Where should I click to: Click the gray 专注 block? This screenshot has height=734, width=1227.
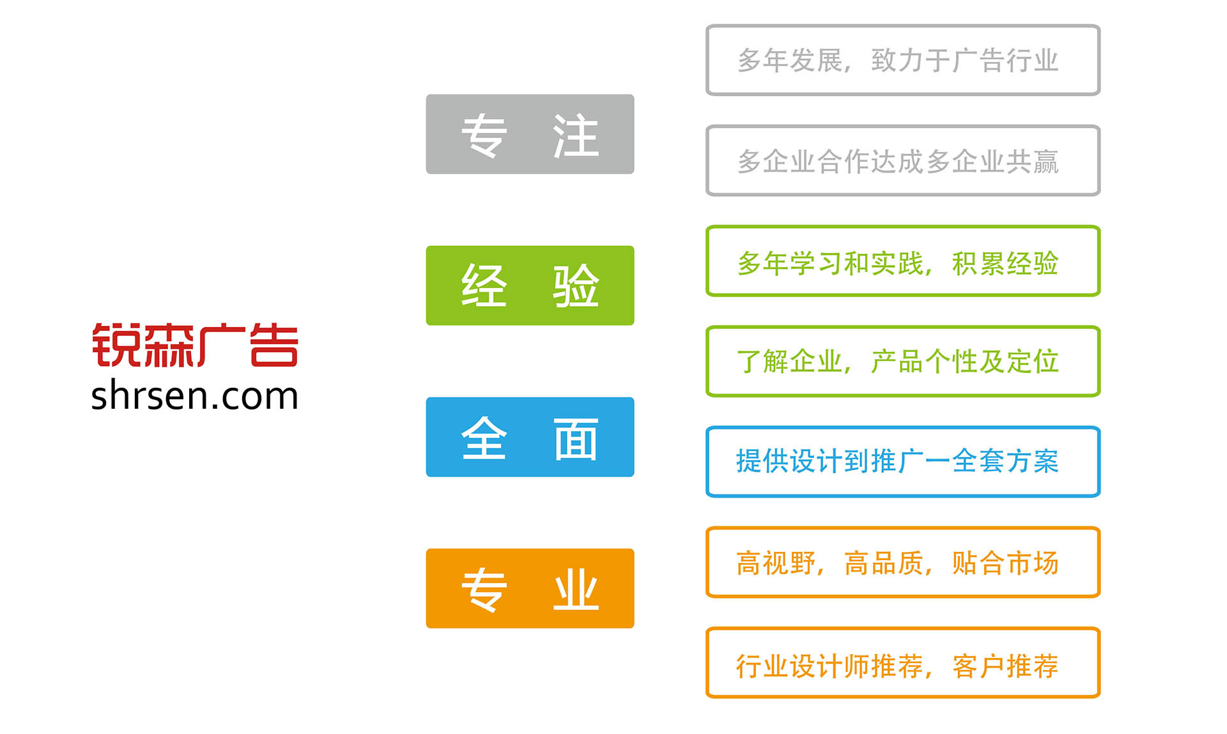(x=530, y=134)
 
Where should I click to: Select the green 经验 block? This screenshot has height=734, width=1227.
(x=530, y=286)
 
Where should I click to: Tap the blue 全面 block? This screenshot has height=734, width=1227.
(x=530, y=437)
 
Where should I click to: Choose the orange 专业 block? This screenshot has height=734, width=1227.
(x=530, y=588)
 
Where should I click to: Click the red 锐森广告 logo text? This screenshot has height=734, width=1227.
(x=195, y=346)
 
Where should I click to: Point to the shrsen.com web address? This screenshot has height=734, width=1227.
(x=195, y=396)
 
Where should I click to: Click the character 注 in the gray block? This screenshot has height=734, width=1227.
(x=576, y=135)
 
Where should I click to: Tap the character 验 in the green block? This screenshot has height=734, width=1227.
(x=576, y=286)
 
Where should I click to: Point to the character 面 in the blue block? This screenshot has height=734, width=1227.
(x=576, y=439)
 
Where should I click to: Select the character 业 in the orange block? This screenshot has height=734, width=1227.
(x=576, y=590)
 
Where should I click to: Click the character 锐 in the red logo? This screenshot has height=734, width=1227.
(x=116, y=346)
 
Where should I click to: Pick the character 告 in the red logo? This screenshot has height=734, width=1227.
(x=274, y=346)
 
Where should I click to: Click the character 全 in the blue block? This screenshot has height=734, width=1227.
(x=484, y=438)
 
